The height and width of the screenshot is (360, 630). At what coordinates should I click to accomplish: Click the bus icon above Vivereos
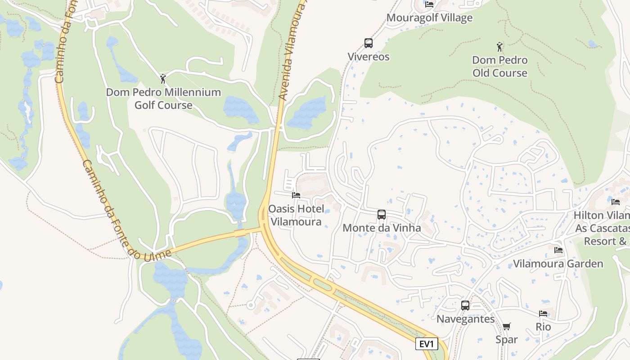369,43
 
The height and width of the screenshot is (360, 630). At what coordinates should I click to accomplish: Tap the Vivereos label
369,57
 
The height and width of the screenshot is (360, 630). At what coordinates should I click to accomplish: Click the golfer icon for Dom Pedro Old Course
499,46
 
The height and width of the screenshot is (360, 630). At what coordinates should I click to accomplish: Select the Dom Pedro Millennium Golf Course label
163,99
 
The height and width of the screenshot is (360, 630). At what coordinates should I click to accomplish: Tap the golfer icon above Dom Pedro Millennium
163,79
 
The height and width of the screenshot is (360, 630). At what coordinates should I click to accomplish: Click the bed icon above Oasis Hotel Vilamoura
296,195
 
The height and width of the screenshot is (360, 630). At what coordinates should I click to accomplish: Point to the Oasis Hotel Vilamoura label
296,215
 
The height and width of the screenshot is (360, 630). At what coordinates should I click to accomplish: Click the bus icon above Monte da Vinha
382,215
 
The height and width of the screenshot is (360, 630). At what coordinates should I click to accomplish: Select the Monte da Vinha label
382,228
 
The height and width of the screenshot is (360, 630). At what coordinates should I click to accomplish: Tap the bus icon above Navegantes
465,306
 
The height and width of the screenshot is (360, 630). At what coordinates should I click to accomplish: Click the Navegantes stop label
465,319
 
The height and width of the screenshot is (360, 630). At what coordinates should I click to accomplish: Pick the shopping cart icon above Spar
507,326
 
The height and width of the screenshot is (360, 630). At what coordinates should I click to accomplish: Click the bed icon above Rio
543,313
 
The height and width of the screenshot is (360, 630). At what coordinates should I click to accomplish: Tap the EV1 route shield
426,344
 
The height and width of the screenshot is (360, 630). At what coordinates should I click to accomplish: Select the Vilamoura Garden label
558,264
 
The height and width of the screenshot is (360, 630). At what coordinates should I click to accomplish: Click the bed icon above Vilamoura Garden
558,250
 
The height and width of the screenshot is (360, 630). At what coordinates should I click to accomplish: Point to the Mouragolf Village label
429,18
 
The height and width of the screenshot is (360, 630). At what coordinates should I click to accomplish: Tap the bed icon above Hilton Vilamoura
616,202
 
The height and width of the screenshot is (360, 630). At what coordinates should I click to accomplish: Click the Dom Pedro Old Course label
499,66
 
